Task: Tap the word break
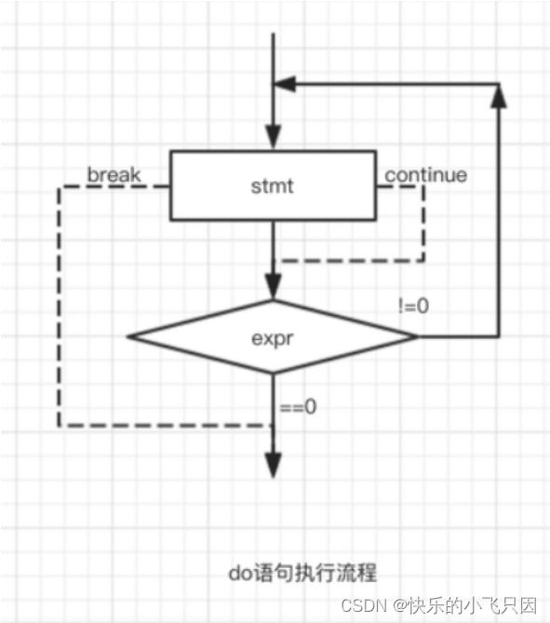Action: click(114, 174)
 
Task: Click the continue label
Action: click(425, 174)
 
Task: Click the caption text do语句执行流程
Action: click(302, 570)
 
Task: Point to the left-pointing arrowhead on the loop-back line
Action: click(284, 84)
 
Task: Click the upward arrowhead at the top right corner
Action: click(500, 95)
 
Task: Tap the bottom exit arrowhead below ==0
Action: click(272, 464)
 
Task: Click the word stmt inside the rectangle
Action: click(272, 186)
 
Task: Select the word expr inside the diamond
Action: click(272, 336)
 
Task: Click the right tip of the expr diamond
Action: click(417, 336)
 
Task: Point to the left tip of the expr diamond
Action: click(127, 336)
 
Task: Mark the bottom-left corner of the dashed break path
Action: click(60, 426)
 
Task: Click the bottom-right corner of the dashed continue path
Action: click(423, 261)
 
